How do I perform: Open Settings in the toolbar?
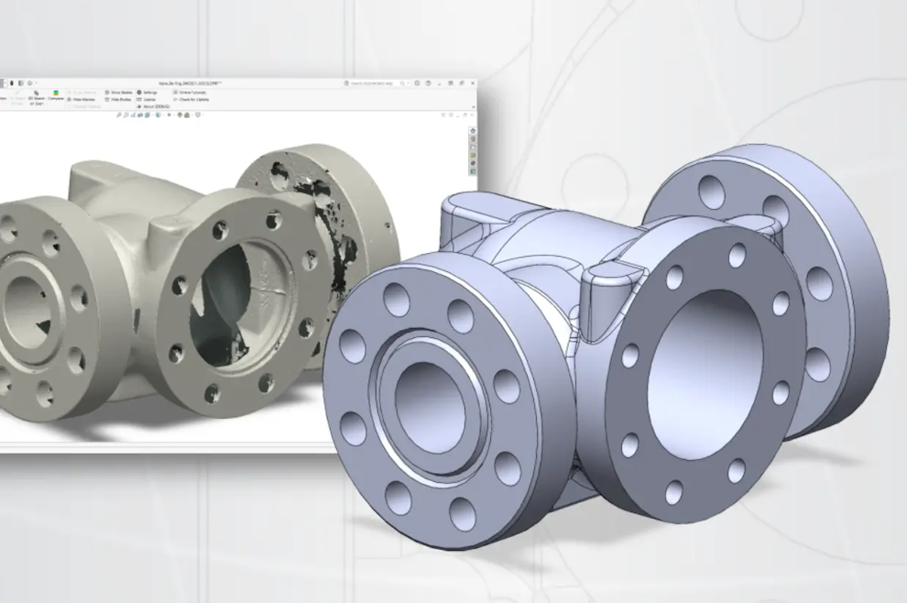[147, 93]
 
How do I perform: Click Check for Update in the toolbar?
[190, 100]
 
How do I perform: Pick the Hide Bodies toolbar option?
[118, 100]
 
